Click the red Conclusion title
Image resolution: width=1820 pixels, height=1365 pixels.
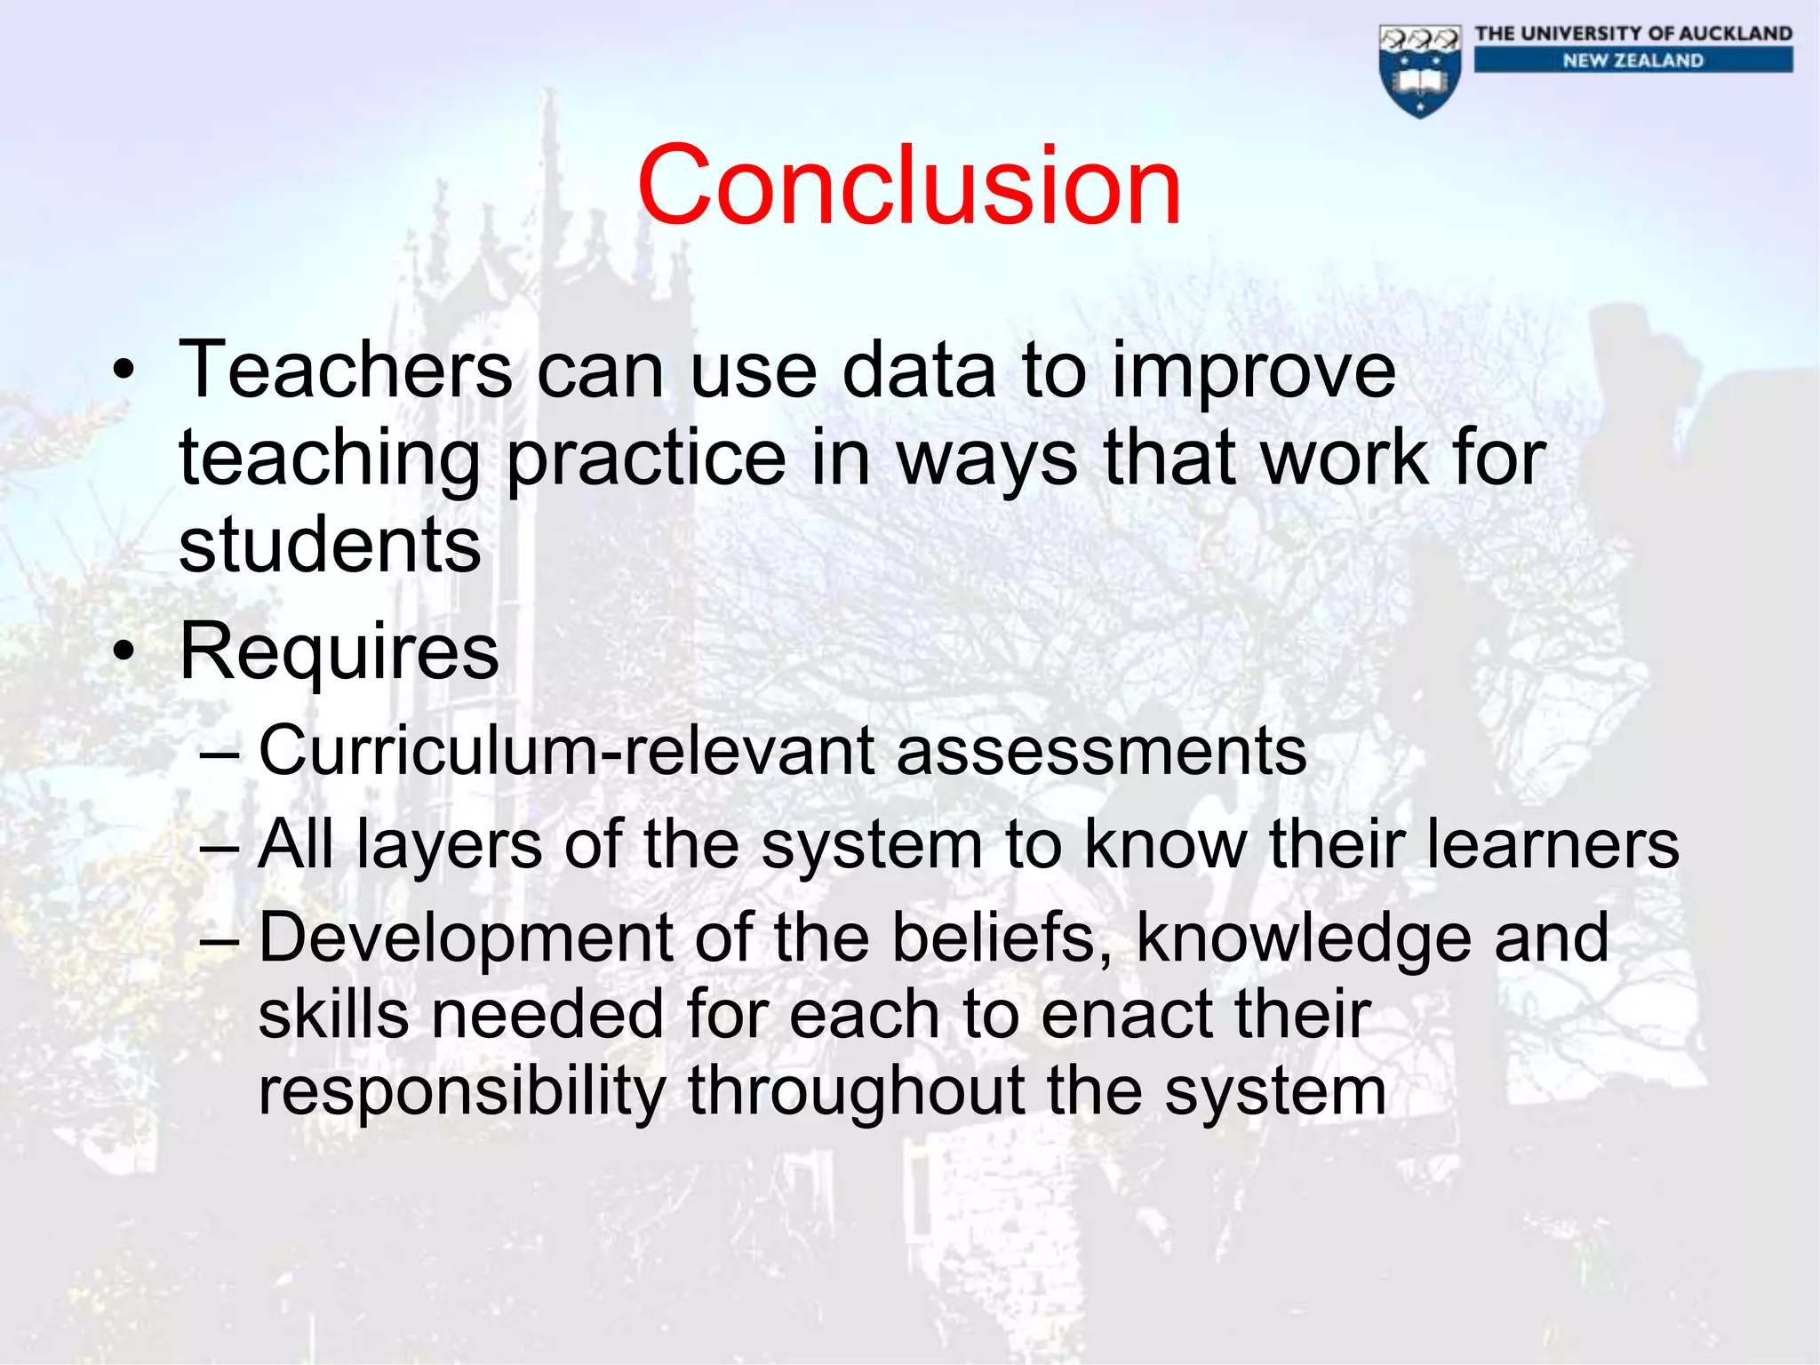(x=909, y=187)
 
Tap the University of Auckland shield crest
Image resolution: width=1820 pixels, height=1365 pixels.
(x=1420, y=71)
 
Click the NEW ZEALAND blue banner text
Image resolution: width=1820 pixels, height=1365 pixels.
(x=1633, y=60)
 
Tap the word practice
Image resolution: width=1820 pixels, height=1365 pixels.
(x=647, y=460)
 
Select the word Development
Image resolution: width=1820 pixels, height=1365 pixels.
(x=466, y=938)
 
